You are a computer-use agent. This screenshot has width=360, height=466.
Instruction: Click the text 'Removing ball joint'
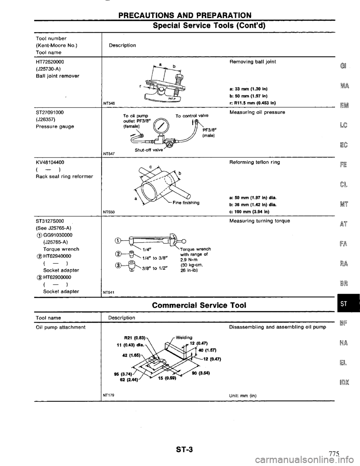coord(253,62)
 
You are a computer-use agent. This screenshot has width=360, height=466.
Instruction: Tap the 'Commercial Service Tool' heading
coord(199,305)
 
